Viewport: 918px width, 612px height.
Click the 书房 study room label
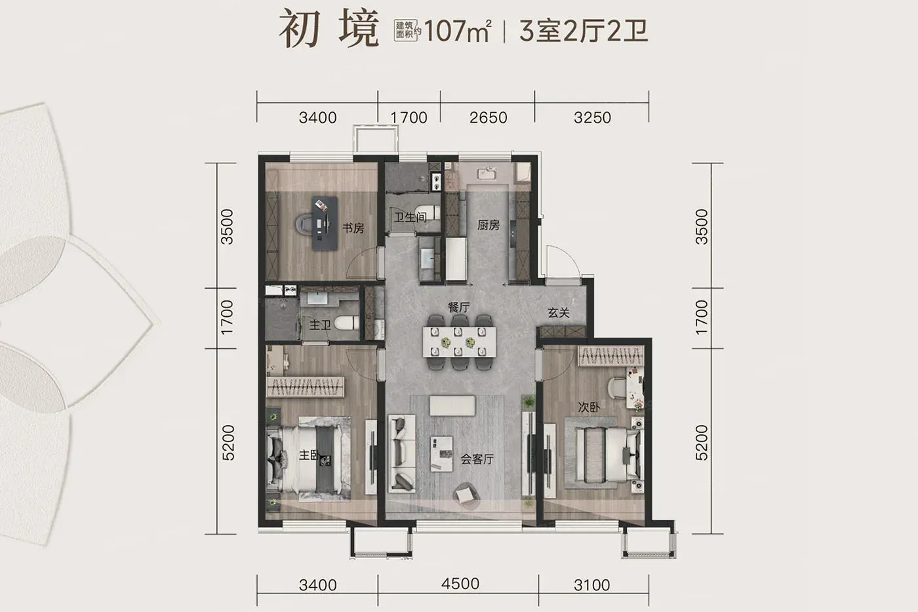coord(353,228)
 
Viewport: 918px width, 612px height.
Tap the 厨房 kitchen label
coord(488,225)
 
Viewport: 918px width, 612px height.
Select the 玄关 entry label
coord(559,313)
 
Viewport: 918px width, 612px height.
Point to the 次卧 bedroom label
coord(589,407)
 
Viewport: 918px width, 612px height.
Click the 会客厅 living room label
coord(477,459)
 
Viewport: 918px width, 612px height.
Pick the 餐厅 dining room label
coord(458,308)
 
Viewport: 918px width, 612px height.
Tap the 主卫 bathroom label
coord(320,325)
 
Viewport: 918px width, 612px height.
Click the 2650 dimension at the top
coord(488,117)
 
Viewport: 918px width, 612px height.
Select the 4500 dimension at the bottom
coord(460,584)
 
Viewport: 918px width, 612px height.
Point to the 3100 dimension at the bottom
coord(591,585)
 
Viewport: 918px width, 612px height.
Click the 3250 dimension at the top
coord(592,117)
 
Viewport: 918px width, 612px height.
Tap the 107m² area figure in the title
coord(458,31)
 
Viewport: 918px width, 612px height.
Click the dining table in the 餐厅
coord(459,341)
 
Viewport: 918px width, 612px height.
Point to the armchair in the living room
coord(466,497)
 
